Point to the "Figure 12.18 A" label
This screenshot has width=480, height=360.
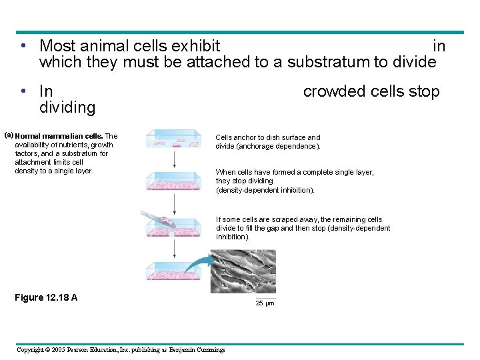pyautogui.click(x=46, y=297)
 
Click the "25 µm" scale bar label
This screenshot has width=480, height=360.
pyautogui.click(x=265, y=303)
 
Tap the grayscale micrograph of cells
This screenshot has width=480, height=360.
pyautogui.click(x=243, y=271)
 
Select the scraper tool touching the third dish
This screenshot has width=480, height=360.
pyautogui.click(x=155, y=218)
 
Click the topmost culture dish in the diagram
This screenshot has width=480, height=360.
pyautogui.click(x=174, y=139)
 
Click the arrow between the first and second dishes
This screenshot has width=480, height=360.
pyautogui.click(x=175, y=159)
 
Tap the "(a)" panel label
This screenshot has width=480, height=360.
pyautogui.click(x=9, y=135)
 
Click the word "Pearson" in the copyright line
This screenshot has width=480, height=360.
pyautogui.click(x=75, y=350)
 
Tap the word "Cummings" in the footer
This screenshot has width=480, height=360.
pyautogui.click(x=206, y=350)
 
